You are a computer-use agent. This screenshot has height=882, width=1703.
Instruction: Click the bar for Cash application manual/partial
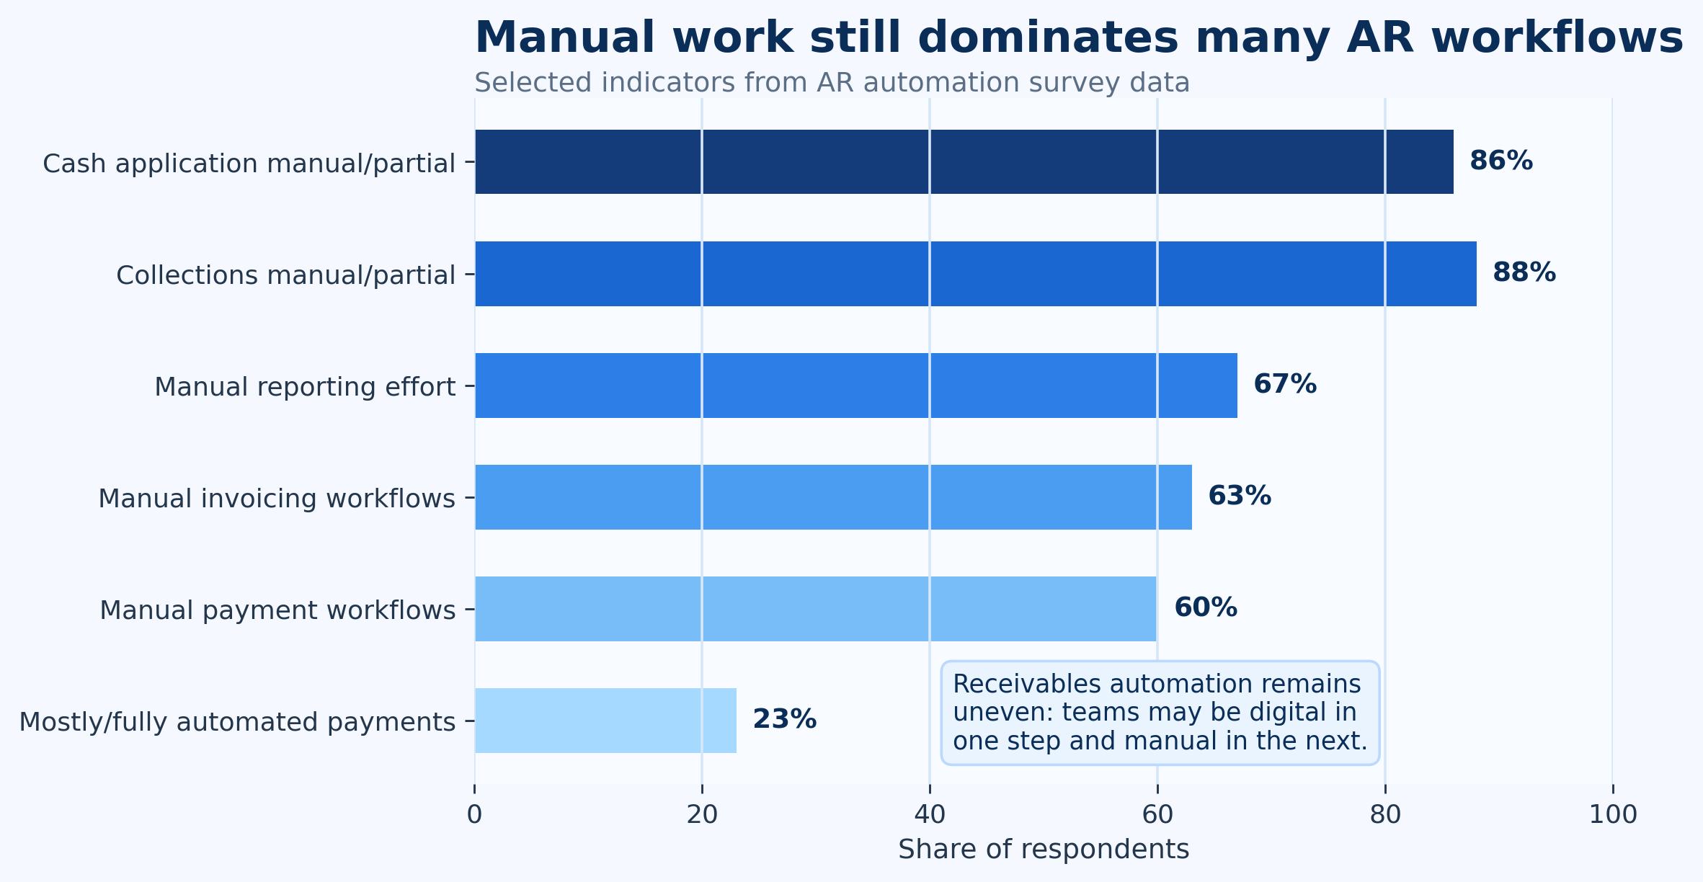point(964,161)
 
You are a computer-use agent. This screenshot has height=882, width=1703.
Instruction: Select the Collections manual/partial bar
point(976,274)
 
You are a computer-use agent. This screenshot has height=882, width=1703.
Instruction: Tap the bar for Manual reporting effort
point(856,386)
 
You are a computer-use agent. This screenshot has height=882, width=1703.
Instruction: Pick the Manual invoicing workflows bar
point(833,497)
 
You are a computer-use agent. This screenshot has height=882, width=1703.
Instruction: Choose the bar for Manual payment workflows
point(816,609)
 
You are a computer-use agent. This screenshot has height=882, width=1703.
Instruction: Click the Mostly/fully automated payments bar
point(605,721)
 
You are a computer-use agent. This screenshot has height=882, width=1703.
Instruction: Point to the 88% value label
point(1524,272)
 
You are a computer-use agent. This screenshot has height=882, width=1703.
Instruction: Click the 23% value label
point(785,719)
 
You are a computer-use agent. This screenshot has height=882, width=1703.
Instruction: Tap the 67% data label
point(1285,384)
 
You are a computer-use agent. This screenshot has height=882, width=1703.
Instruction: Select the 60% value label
point(1206,607)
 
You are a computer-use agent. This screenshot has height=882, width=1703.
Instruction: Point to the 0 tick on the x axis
point(474,815)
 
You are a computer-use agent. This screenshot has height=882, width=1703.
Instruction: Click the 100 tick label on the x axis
point(1613,815)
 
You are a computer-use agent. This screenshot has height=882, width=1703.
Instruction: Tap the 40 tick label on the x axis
point(930,815)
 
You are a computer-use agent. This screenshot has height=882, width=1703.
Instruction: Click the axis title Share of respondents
point(1044,850)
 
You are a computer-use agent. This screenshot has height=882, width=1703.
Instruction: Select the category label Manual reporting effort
point(305,387)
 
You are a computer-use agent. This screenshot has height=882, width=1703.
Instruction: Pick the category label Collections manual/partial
point(286,275)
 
